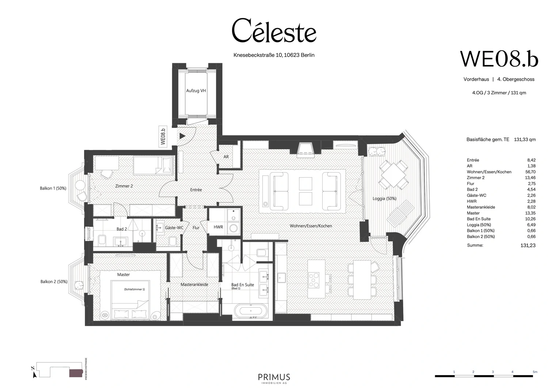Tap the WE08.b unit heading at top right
click(x=499, y=59)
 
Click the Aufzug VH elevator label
click(x=196, y=91)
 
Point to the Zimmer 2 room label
click(x=124, y=186)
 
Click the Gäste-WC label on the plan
click(x=174, y=228)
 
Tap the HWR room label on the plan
click(x=218, y=227)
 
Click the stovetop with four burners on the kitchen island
click(x=314, y=279)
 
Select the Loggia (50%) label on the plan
click(x=384, y=199)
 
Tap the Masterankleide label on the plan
click(x=194, y=285)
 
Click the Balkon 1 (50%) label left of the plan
click(x=53, y=188)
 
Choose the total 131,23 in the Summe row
click(x=528, y=245)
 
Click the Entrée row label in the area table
click(x=473, y=160)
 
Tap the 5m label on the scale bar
click(x=535, y=372)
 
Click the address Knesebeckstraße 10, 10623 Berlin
click(x=274, y=55)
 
